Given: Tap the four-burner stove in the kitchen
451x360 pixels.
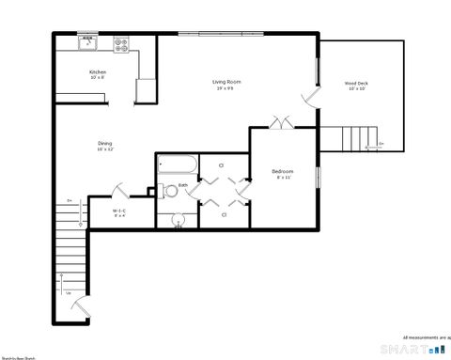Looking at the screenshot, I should coord(121,42).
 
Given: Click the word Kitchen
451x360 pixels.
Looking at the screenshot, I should coord(98,72).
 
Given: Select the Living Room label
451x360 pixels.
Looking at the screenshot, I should coord(226,83).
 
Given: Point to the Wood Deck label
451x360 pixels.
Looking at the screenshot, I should coord(357,84).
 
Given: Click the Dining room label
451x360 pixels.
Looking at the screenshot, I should coord(104,143).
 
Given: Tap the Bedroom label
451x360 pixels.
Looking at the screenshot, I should coord(283,171).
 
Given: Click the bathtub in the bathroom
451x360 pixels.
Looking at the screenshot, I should coord(177,165).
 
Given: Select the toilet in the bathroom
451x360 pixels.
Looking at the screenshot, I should coord(169,192).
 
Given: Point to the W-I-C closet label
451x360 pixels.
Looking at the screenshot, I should coord(119,211).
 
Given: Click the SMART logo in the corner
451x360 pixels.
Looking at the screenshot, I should coord(408,350).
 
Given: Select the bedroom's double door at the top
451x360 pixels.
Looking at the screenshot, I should coord(280,122).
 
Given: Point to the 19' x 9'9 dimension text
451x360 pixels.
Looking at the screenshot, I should coord(226,89).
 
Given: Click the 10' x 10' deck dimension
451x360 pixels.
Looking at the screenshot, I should coord(357,89).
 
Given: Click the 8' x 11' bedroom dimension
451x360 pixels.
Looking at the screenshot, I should coord(283,178).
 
